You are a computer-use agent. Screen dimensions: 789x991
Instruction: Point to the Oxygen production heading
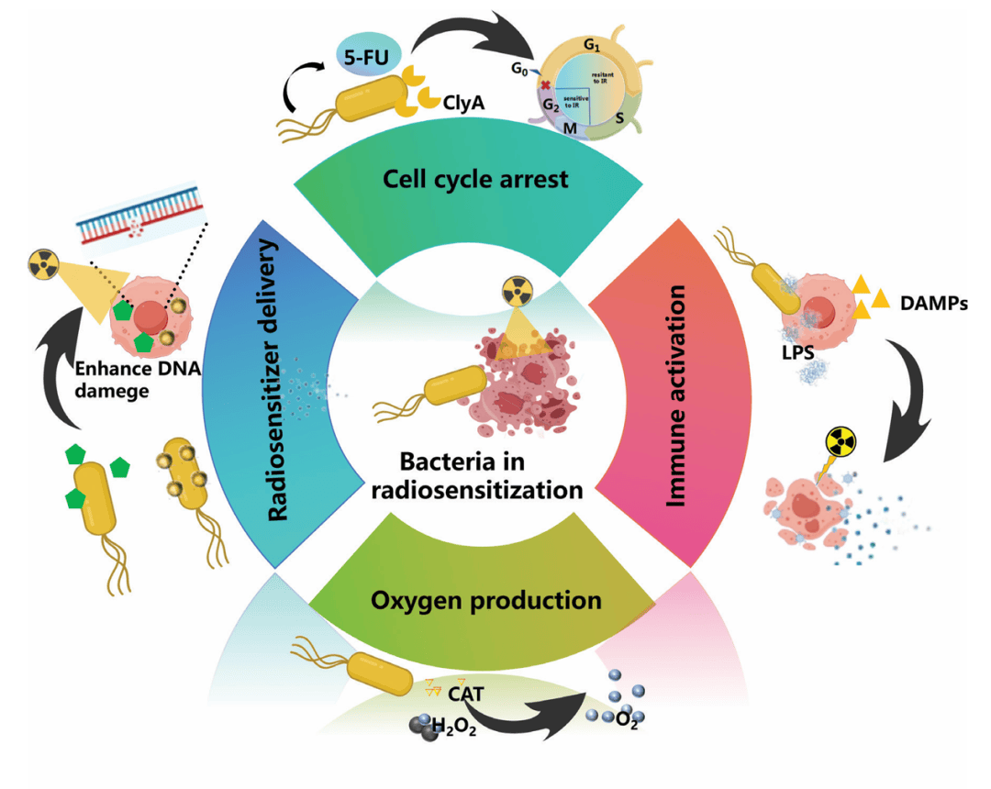486,601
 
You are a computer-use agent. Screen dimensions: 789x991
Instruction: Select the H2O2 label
453,729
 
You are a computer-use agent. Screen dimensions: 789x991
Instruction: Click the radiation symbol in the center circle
516,295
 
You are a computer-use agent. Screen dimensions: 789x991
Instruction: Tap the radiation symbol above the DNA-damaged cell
42,265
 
